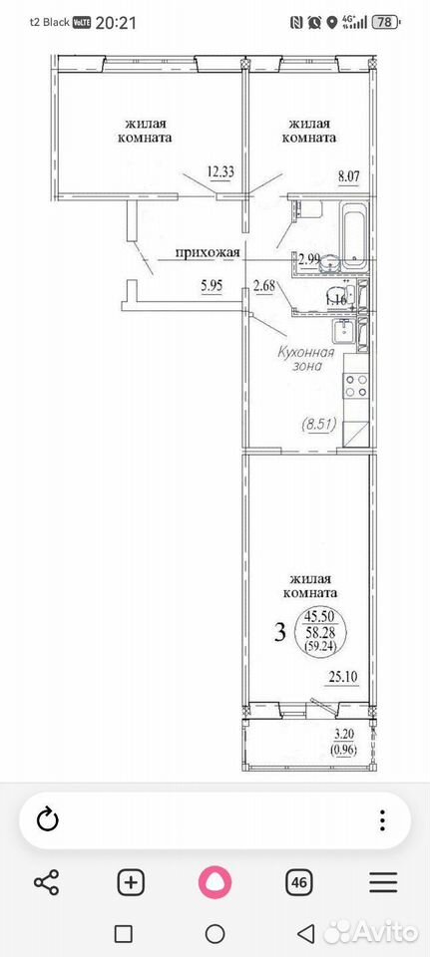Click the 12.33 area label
coord(221,171)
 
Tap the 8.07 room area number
coord(349,178)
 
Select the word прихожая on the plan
coord(209,252)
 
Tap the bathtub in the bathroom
coord(353,235)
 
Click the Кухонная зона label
coord(306,359)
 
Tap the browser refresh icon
coord(47,819)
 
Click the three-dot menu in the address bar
coord(382,819)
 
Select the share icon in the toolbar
coord(47,882)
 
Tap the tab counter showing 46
coord(299,882)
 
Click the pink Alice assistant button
coord(215,882)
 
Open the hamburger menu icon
coord(383,882)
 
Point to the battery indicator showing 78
coord(399,23)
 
